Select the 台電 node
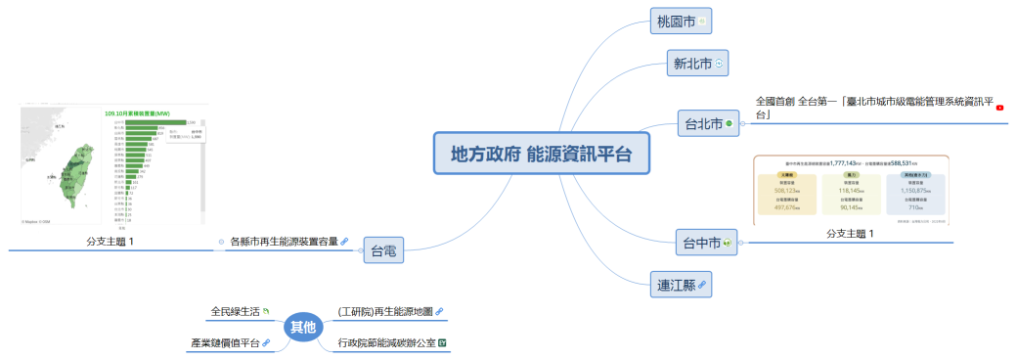tap(382, 251)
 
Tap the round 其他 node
tap(303, 328)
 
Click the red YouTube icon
tap(999, 108)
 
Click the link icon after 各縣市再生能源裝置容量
tap(345, 240)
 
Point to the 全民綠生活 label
tap(235, 312)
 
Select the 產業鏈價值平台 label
tap(224, 343)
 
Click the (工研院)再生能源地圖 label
tap(384, 312)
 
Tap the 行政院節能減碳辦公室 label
tap(385, 343)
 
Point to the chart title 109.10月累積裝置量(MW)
tap(151, 113)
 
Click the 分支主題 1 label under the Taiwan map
tap(110, 241)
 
